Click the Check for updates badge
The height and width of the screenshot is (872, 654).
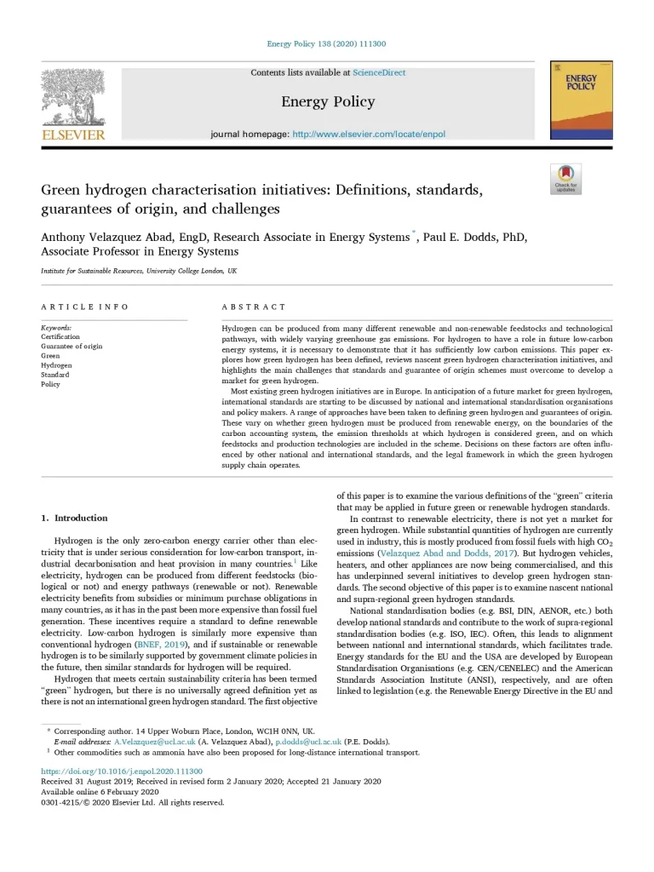pos(565,180)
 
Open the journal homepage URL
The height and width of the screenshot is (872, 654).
pos(368,135)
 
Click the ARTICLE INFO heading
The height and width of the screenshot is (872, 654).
pos(85,307)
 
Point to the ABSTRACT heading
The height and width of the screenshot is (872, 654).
pos(254,307)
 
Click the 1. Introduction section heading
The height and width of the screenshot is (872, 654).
pos(75,518)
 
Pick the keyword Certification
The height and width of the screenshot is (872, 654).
pos(60,337)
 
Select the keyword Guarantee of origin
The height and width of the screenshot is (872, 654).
pos(72,347)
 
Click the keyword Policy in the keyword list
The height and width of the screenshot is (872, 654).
pos(50,384)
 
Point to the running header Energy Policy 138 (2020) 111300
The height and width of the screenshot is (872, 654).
pos(326,43)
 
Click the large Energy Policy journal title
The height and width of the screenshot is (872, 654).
pos(328,102)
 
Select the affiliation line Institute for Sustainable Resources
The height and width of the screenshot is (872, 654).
pos(139,270)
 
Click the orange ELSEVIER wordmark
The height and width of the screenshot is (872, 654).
pos(73,135)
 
